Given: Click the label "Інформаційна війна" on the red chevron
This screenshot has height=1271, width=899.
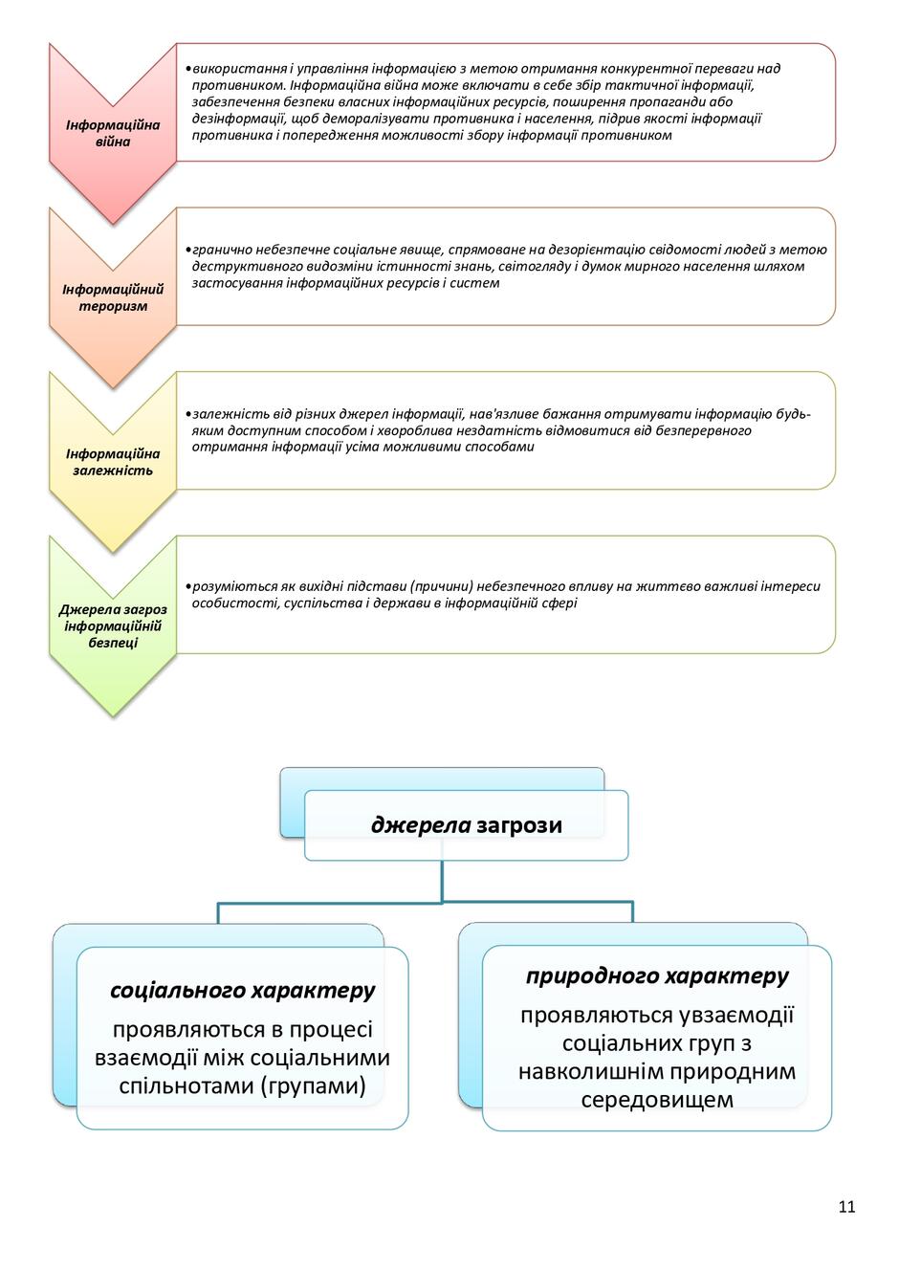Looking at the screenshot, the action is [113, 133].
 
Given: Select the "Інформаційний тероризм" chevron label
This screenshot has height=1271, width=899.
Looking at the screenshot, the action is [113, 297].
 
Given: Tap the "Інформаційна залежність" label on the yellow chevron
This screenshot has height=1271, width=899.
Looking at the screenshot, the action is [113, 462].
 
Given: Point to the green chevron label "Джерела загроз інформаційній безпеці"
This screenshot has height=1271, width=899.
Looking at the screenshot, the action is [113, 625].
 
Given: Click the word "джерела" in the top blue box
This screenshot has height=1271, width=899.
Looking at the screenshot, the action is [421, 824].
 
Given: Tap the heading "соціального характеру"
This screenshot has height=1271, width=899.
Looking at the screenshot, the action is [242, 991].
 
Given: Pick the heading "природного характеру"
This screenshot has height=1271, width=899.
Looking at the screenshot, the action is [657, 976].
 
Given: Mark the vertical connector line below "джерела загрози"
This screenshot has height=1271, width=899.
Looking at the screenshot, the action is [442, 881].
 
